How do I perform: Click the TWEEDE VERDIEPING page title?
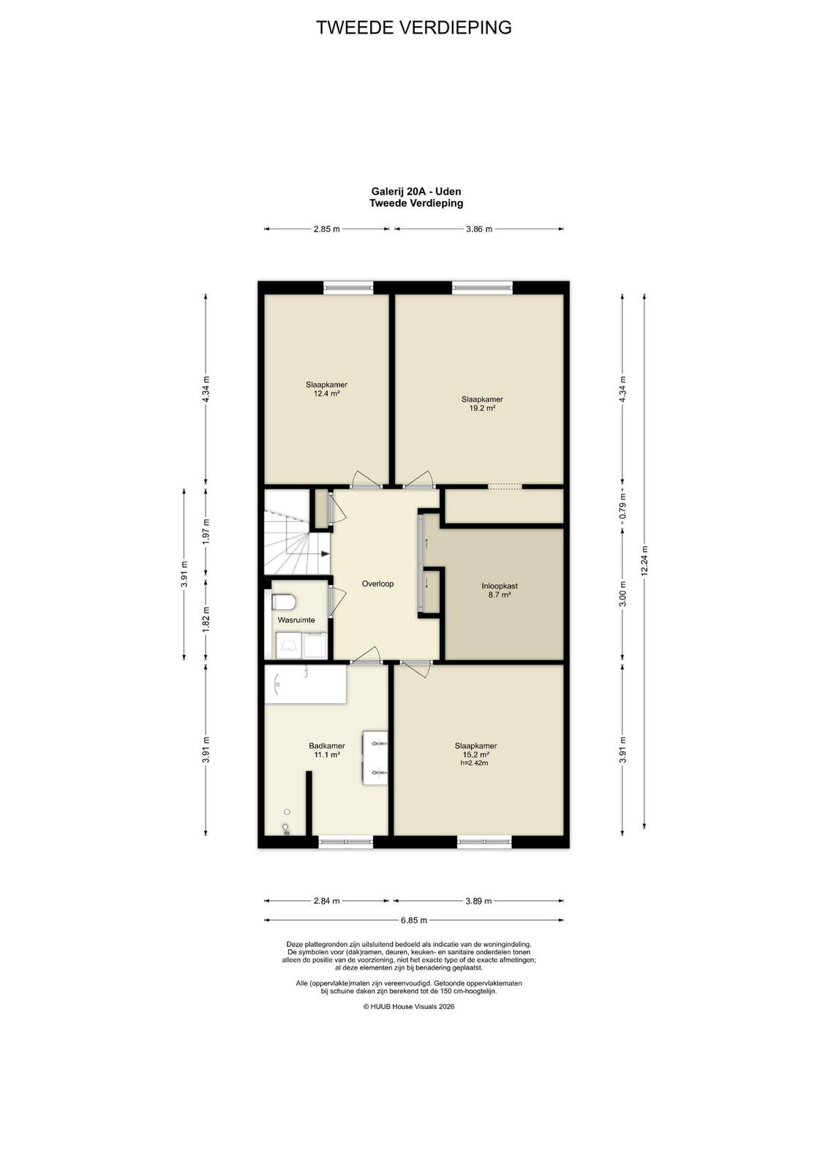pyautogui.click(x=414, y=28)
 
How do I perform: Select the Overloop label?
pyautogui.click(x=377, y=584)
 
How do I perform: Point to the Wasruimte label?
pyautogui.click(x=296, y=620)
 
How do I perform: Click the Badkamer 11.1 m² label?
pyautogui.click(x=327, y=750)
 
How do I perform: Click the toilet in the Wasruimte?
pyautogui.click(x=284, y=602)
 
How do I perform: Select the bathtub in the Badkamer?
pyautogui.click(x=306, y=684)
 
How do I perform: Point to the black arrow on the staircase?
pyautogui.click(x=325, y=554)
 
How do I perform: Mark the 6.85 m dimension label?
pyautogui.click(x=414, y=920)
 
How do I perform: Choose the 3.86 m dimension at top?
pyautogui.click(x=479, y=229)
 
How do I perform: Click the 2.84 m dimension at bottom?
pyautogui.click(x=326, y=900)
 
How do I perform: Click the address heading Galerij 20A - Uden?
pyautogui.click(x=415, y=192)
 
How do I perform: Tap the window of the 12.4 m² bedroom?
pyautogui.click(x=348, y=287)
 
